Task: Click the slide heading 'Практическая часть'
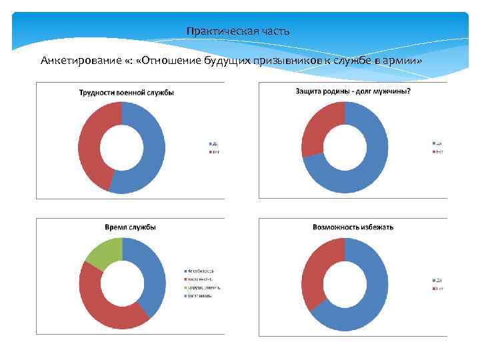pos(238,31)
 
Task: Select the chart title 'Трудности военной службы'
pos(127,93)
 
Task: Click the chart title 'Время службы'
pos(131,227)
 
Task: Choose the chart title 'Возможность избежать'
pos(353,227)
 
